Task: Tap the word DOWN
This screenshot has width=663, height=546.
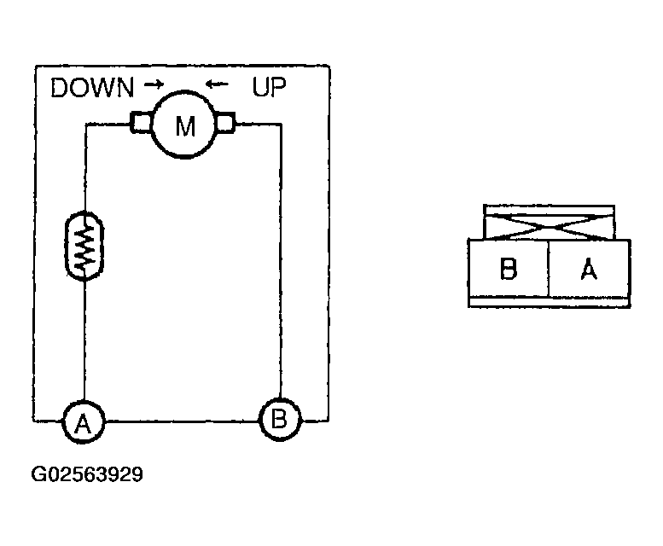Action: [x=93, y=88]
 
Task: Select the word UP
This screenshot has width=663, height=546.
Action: [x=269, y=87]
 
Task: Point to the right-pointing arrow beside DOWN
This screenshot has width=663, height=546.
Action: [x=154, y=85]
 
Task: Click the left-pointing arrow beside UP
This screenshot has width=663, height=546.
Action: [x=218, y=85]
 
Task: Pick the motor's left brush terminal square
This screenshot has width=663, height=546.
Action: [x=140, y=124]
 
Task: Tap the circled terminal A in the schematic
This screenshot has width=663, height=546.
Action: [x=83, y=421]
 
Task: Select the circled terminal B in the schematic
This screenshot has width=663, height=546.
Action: [x=281, y=419]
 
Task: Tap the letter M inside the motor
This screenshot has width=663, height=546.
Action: [x=185, y=125]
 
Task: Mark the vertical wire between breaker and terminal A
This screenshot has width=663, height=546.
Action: [x=84, y=341]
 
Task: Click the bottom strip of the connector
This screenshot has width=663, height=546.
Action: [x=550, y=302]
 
